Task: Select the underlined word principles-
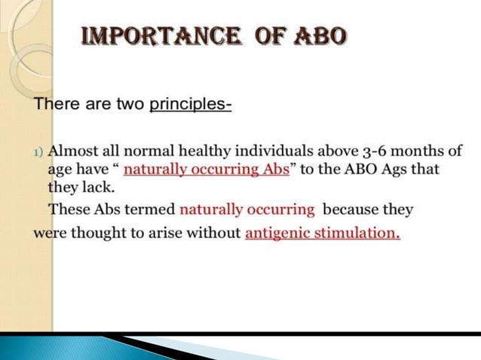[191, 104]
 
